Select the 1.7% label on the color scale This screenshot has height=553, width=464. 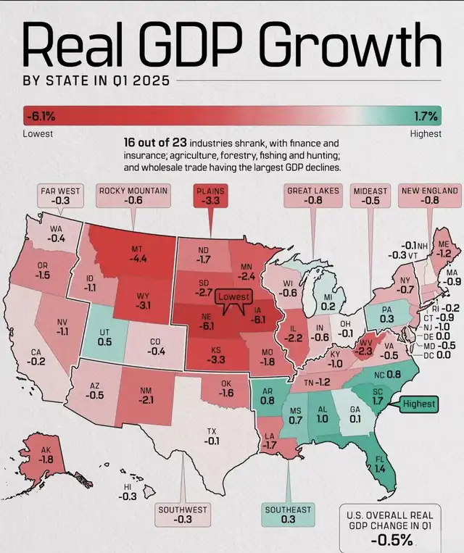click(426, 116)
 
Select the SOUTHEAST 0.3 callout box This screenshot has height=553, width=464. click(289, 515)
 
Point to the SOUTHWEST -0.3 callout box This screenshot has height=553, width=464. click(183, 515)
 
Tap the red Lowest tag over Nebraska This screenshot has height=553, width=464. click(234, 297)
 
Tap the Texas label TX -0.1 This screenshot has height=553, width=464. click(212, 436)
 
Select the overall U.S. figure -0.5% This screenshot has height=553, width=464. click(391, 539)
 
